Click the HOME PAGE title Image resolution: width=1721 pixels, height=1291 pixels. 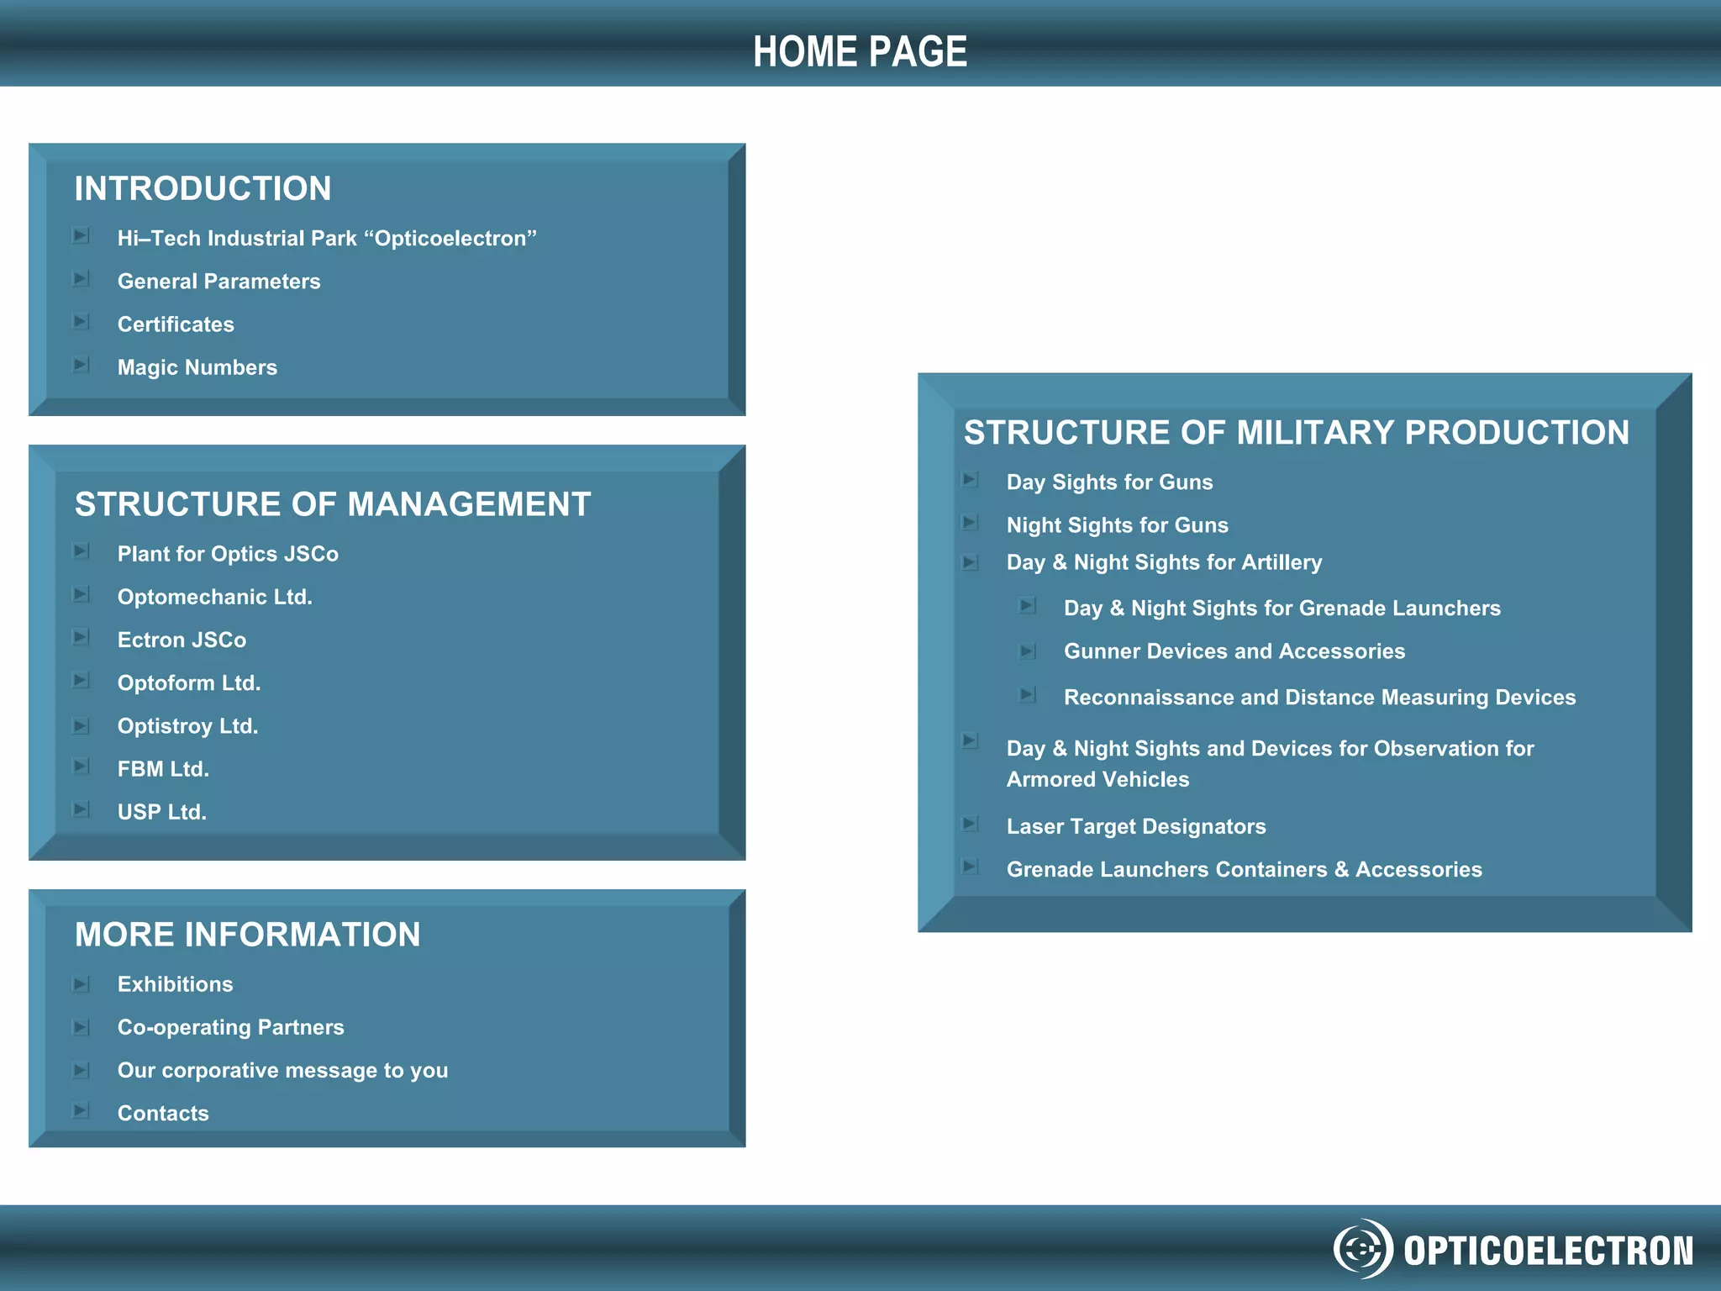click(860, 52)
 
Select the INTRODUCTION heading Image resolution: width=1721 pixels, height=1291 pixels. click(203, 188)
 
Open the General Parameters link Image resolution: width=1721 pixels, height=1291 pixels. click(218, 282)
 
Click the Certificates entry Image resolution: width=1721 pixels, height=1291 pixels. click(176, 324)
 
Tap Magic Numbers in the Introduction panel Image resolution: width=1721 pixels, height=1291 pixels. click(197, 367)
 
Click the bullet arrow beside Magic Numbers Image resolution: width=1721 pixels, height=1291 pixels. click(82, 365)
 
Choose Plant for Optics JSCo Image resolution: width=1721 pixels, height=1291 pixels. click(228, 554)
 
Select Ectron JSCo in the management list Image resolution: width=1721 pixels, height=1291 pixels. click(182, 640)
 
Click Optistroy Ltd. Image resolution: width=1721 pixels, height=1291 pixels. click(187, 726)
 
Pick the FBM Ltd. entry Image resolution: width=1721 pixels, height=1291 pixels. click(163, 769)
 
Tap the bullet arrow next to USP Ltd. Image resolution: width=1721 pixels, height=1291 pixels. click(82, 809)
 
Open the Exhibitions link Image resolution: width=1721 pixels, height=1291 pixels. click(175, 984)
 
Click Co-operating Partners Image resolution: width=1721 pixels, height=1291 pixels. click(230, 1027)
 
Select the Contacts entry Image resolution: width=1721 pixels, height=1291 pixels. click(163, 1114)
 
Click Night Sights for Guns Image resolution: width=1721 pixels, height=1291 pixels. click(1117, 525)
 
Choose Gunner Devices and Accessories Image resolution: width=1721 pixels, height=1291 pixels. click(1234, 651)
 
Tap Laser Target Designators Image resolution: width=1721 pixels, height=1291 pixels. click(1135, 827)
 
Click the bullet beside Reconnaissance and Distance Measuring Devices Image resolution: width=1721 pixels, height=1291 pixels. click(1027, 695)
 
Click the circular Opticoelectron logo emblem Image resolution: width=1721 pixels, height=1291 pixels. click(1362, 1249)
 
